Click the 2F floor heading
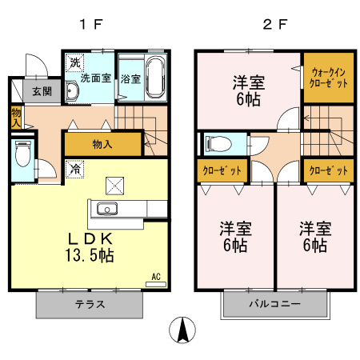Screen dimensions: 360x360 pyautogui.click(x=274, y=23)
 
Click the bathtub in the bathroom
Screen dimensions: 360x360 pyautogui.click(x=154, y=78)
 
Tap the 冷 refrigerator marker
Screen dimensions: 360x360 pyautogui.click(x=74, y=170)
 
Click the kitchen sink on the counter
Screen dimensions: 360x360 pyautogui.click(x=107, y=210)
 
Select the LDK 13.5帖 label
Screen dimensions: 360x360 pyautogui.click(x=89, y=247)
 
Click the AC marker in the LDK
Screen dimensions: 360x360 pyautogui.click(x=156, y=277)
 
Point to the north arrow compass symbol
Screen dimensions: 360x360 pyautogui.click(x=183, y=330)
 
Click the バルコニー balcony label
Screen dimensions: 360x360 pyautogui.click(x=274, y=305)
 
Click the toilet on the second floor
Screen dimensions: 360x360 pyautogui.click(x=217, y=145)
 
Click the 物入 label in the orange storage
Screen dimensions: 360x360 pyautogui.click(x=102, y=144)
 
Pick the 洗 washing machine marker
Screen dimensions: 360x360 pyautogui.click(x=74, y=62)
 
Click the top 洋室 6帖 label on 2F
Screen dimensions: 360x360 pyautogui.click(x=249, y=89)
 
